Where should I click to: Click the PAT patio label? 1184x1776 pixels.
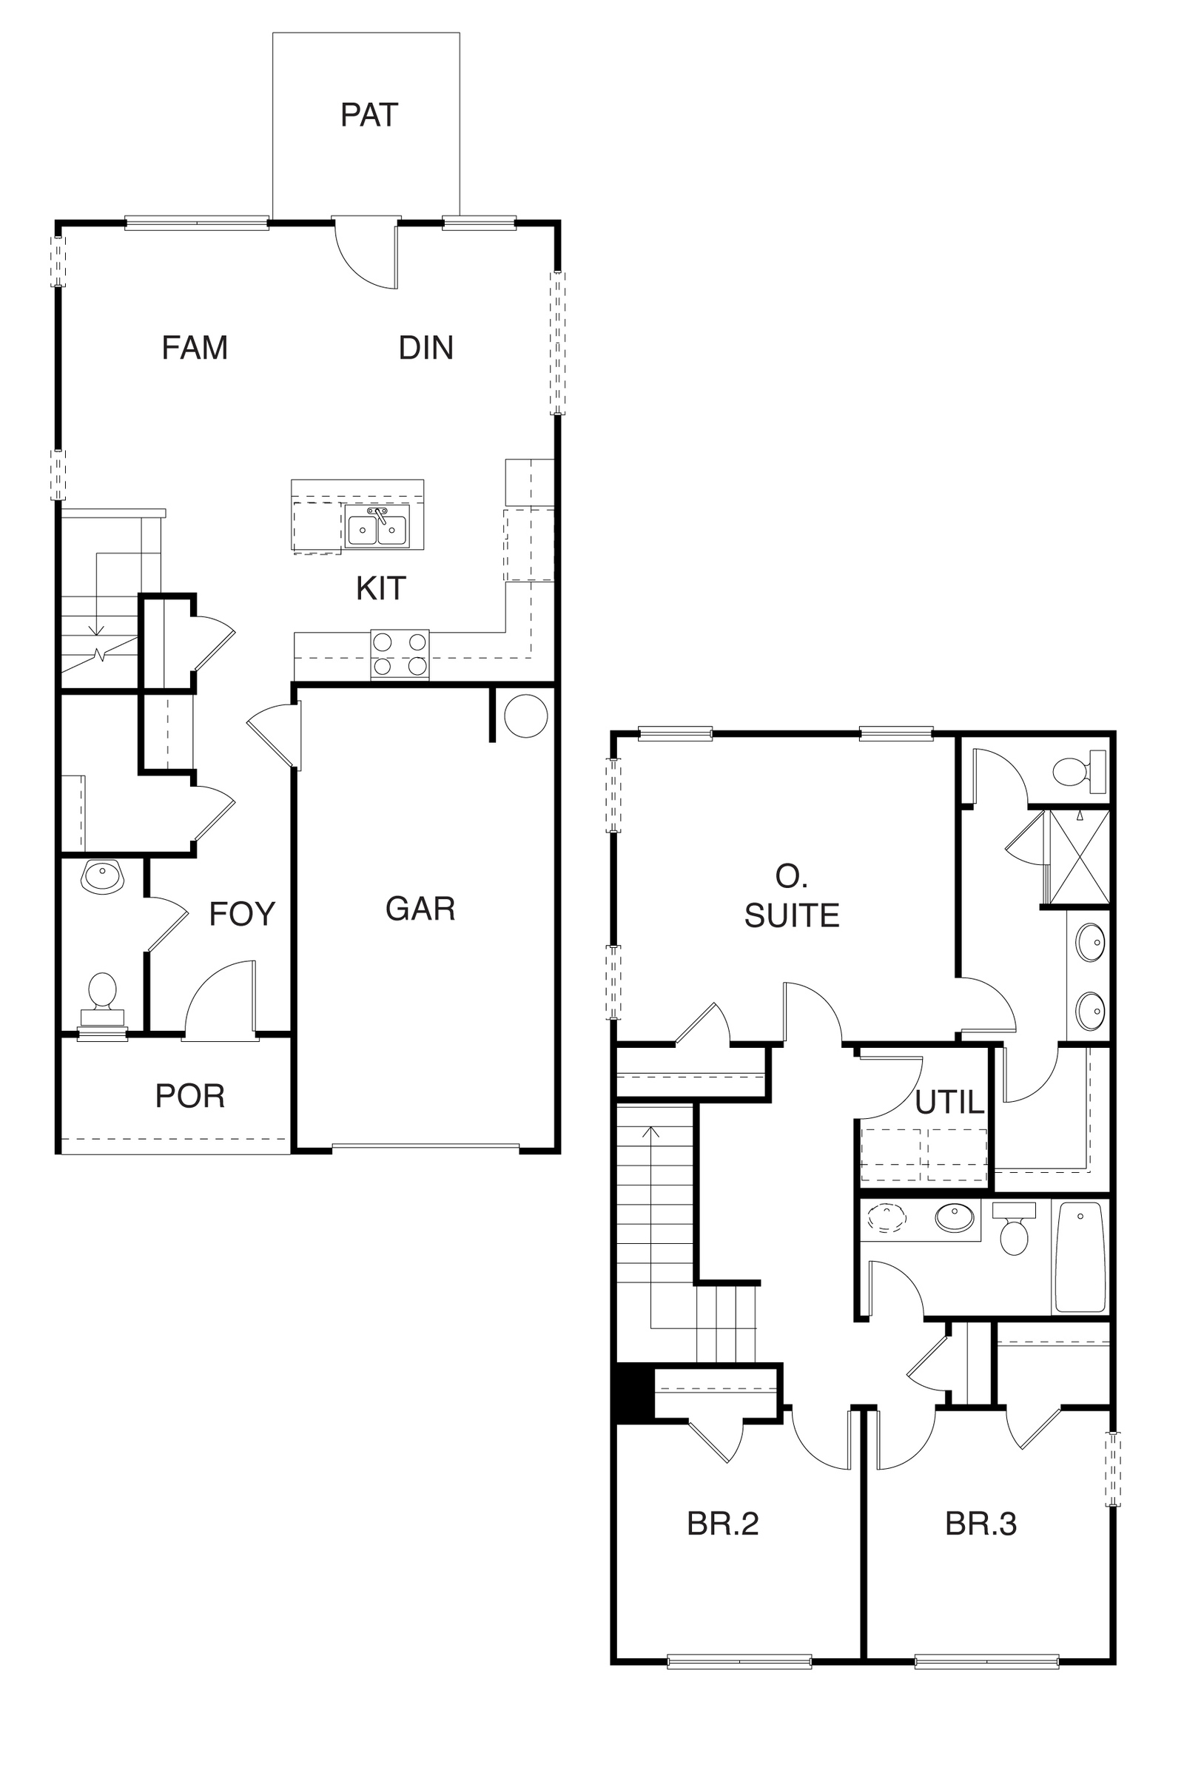click(369, 115)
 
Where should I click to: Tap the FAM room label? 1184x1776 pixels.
click(195, 348)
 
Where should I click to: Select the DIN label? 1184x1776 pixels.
click(426, 348)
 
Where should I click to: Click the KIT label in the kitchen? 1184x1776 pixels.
click(380, 588)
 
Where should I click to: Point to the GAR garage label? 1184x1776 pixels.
click(420, 909)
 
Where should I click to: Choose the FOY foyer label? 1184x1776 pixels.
click(242, 914)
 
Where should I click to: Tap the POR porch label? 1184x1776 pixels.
click(189, 1097)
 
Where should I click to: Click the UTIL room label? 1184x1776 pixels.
click(949, 1103)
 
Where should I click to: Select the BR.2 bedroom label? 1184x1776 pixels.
click(723, 1524)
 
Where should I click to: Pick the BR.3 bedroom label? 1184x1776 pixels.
click(981, 1524)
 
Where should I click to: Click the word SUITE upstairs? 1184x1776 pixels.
click(791, 916)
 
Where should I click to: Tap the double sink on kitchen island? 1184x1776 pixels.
click(377, 526)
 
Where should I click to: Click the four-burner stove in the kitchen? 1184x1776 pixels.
click(400, 655)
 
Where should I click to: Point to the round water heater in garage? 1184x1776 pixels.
click(525, 716)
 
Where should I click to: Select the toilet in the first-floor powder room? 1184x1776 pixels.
click(103, 999)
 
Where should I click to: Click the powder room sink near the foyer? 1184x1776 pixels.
click(103, 877)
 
